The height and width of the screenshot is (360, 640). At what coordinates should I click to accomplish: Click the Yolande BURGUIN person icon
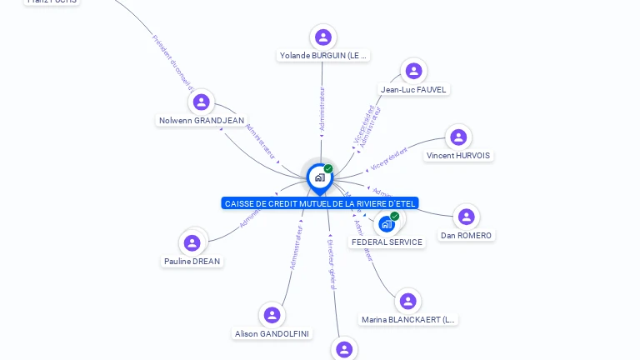pos(323,37)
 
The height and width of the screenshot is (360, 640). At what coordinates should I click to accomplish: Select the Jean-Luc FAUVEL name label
pos(413,89)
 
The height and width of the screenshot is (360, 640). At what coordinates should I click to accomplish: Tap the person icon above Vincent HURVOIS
pos(457,137)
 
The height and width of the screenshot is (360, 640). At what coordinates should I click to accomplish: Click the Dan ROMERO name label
pos(466,236)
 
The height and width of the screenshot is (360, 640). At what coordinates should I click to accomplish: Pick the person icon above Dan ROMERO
pos(466,217)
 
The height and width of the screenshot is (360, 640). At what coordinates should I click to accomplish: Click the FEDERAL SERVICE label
pos(387,242)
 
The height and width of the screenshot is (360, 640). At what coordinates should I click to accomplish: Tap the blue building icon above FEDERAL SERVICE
pos(387,223)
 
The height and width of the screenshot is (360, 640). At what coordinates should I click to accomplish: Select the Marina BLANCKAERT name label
pos(408,320)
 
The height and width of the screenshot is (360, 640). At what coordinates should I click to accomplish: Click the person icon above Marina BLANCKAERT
pos(407,301)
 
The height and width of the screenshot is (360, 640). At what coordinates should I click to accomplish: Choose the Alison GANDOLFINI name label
pos(272,334)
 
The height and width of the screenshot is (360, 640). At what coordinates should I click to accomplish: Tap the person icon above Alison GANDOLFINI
pos(272,315)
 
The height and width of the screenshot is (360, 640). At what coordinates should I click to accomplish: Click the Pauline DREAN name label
pos(192,262)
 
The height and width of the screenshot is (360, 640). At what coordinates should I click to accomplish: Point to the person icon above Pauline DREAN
pos(192,242)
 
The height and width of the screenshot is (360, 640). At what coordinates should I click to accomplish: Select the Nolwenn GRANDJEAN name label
pos(201,121)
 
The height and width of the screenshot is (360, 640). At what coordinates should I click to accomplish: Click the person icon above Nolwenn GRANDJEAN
pos(201,102)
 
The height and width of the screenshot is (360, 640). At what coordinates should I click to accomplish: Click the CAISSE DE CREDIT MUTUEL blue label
pos(320,203)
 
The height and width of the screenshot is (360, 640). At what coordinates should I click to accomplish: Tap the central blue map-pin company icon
pos(320,177)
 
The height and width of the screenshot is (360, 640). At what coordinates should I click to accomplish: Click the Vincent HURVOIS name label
pos(458,156)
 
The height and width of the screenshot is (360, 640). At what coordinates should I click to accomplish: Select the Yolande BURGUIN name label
pos(323,56)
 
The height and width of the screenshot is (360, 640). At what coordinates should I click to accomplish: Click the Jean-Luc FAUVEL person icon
pos(413,71)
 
